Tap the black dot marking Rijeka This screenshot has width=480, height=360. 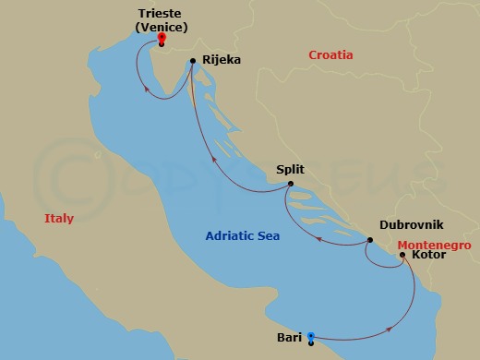click(x=192, y=62)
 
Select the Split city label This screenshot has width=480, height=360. click(x=290, y=169)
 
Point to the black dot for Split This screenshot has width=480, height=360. click(x=290, y=184)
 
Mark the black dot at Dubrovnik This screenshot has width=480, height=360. click(x=370, y=241)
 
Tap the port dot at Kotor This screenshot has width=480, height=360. click(x=402, y=255)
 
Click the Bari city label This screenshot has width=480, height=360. click(x=289, y=337)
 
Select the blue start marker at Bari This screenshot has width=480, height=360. click(x=311, y=336)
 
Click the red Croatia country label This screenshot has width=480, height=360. click(x=330, y=55)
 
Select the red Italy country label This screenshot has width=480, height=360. click(x=58, y=219)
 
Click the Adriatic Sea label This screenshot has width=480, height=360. click(x=242, y=236)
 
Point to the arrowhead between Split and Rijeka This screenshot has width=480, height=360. click(x=213, y=158)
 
